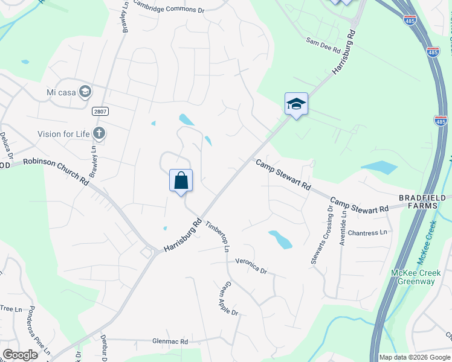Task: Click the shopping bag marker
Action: tap(181, 180)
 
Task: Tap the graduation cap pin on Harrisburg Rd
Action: tap(296, 104)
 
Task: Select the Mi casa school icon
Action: tap(85, 92)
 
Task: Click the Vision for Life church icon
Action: tap(100, 133)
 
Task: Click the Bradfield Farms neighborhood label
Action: tap(422, 202)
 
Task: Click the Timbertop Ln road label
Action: tap(218, 236)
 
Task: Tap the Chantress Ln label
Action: tap(367, 232)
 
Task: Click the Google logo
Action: tap(20, 355)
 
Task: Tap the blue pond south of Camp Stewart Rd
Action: tap(280, 240)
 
